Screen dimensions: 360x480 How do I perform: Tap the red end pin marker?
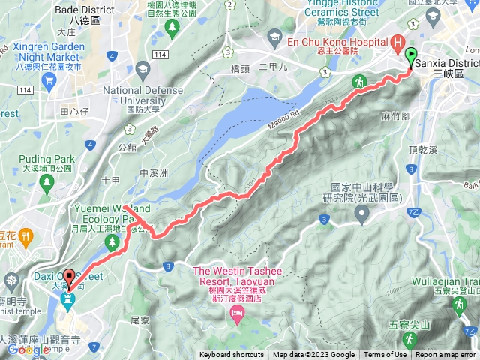69,277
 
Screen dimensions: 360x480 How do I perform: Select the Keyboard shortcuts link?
232,355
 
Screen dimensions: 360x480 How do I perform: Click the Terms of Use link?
385,355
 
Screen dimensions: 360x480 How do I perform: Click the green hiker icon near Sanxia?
359,79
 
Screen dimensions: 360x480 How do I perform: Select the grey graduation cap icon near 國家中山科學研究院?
362,216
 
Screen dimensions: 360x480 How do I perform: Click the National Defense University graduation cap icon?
142,70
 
